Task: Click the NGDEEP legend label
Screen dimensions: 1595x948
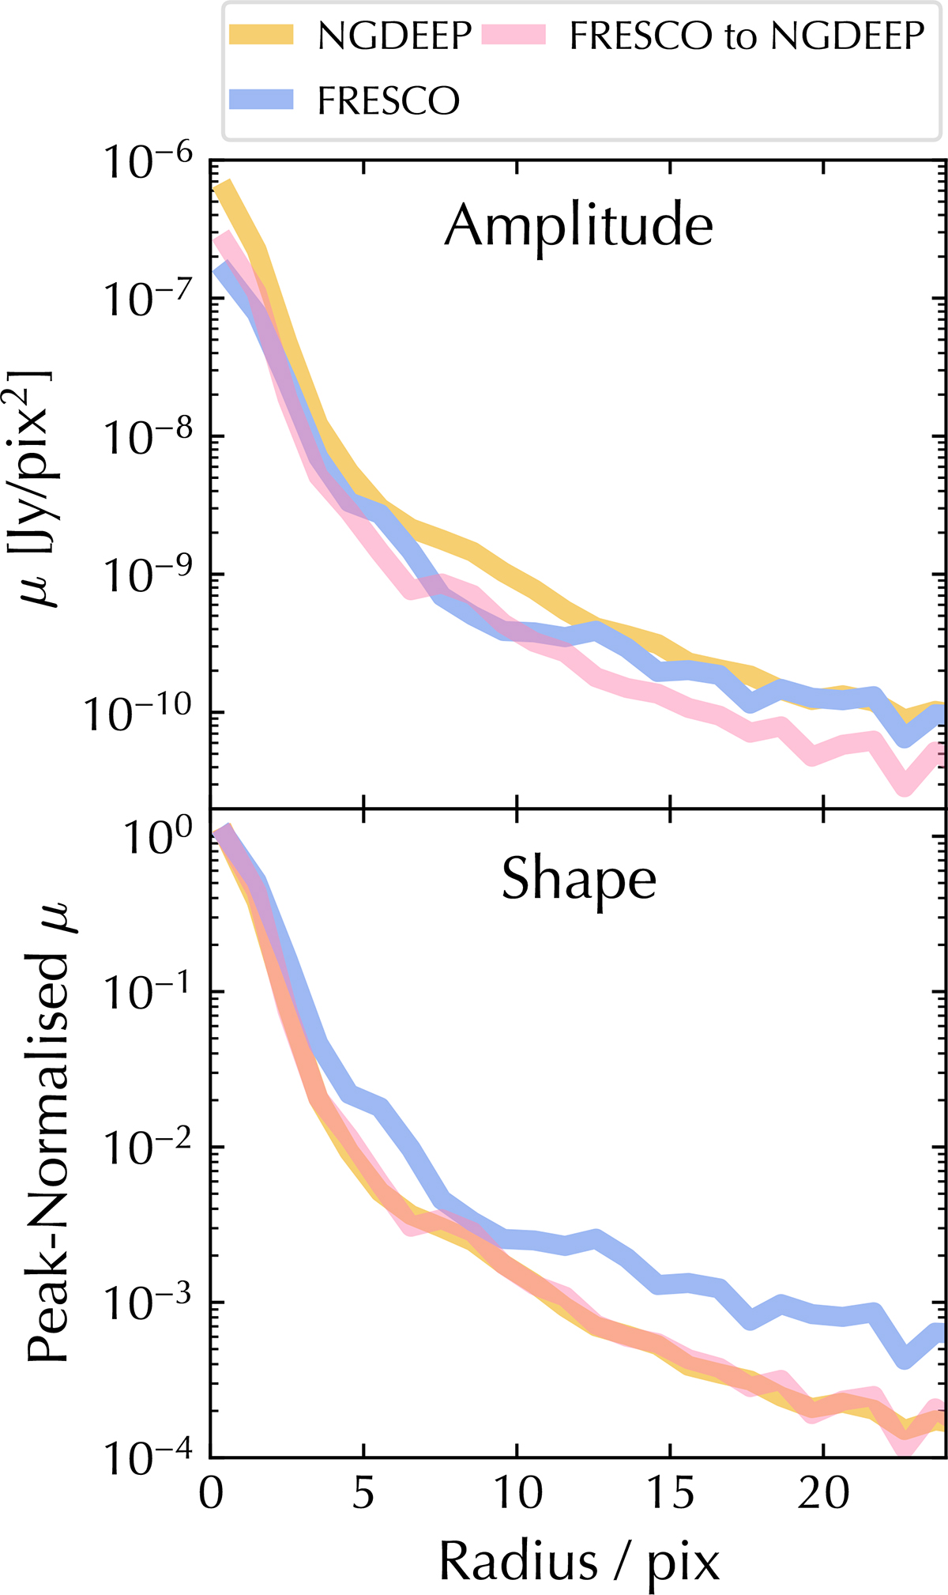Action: (x=394, y=36)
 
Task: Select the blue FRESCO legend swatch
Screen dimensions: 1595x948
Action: (x=261, y=100)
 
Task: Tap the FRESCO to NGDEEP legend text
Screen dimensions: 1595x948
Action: (x=747, y=36)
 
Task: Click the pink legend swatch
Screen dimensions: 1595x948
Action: (x=513, y=35)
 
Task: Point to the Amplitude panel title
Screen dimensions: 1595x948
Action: (x=579, y=227)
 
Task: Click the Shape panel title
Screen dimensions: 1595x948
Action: (x=579, y=880)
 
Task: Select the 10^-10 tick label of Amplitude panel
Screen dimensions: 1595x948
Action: (x=138, y=713)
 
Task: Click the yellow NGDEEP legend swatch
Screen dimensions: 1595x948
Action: (x=261, y=35)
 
